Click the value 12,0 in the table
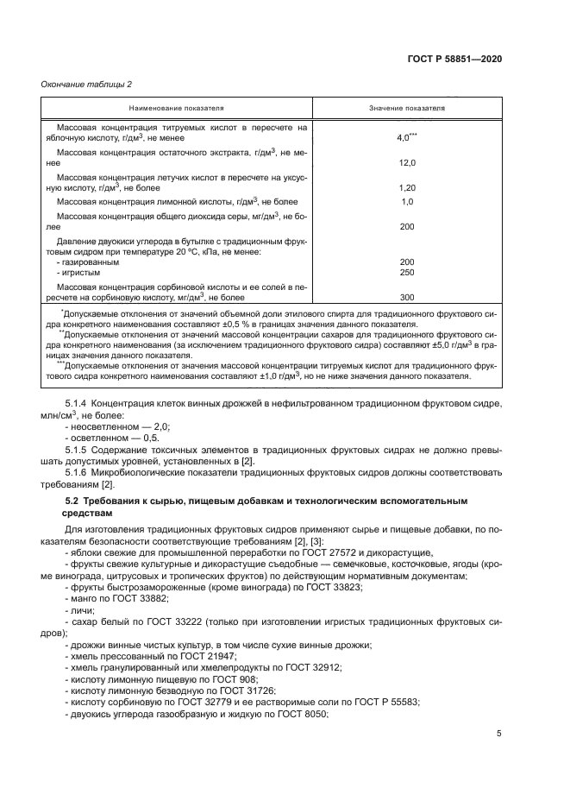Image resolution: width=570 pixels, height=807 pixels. pos(407,162)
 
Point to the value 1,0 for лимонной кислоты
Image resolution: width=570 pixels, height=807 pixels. pos(407,201)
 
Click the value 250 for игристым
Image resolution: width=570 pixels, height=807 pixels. pos(407,272)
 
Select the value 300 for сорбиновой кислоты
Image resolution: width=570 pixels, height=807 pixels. pos(407,297)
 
